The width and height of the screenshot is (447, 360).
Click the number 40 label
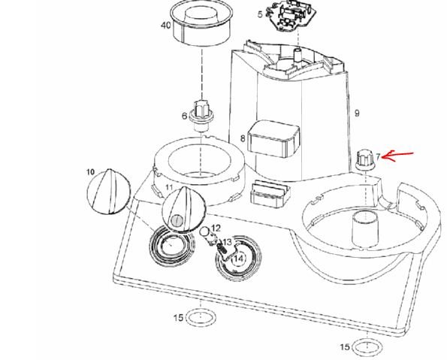pyautogui.click(x=165, y=26)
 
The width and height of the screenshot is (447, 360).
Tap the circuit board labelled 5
pyautogui.click(x=291, y=15)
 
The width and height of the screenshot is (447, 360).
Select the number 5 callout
pyautogui.click(x=260, y=14)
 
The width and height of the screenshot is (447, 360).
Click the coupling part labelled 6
pyautogui.click(x=201, y=115)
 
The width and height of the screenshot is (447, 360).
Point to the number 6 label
pyautogui.click(x=185, y=116)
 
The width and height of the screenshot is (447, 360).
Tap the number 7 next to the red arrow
pyautogui.click(x=378, y=156)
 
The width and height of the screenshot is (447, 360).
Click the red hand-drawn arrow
pyautogui.click(x=397, y=156)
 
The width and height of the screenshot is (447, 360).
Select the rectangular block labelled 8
pyautogui.click(x=273, y=139)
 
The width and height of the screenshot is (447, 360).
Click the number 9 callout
pyautogui.click(x=357, y=113)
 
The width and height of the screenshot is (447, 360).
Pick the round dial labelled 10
pyautogui.click(x=109, y=191)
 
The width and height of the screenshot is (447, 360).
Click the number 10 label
pyautogui.click(x=90, y=172)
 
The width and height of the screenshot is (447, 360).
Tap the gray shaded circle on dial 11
pyautogui.click(x=177, y=220)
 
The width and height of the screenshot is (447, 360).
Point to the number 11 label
pyautogui.click(x=169, y=187)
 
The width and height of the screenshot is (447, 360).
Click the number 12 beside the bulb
pyautogui.click(x=216, y=228)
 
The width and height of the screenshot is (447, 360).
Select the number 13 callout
pyautogui.click(x=227, y=242)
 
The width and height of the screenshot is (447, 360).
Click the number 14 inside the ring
pyautogui.click(x=239, y=259)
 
